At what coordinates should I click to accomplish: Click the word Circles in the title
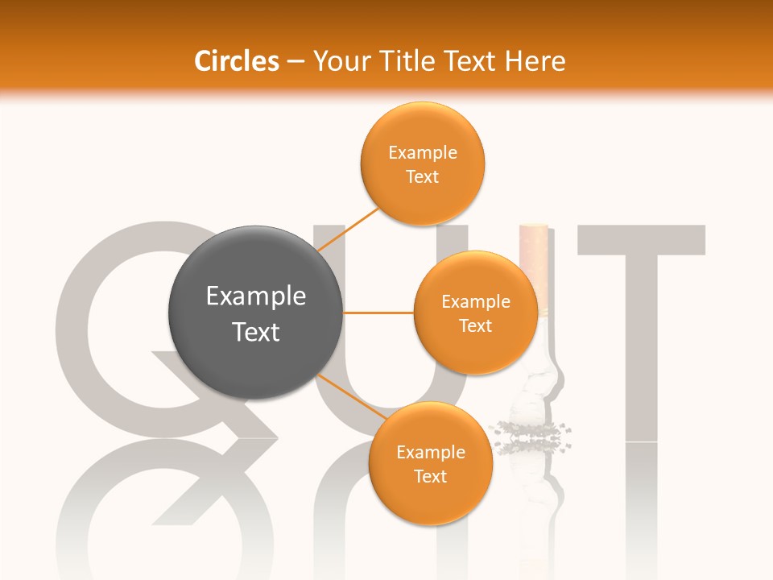click(x=236, y=61)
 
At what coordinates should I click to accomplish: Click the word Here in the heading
click(x=535, y=61)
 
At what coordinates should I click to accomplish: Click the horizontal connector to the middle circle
click(x=378, y=312)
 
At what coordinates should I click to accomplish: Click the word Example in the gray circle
click(x=256, y=296)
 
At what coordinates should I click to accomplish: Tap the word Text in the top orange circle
click(x=422, y=176)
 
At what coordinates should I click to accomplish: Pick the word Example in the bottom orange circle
click(x=431, y=452)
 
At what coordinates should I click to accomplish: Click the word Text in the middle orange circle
click(x=475, y=325)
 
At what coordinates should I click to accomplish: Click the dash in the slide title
click(x=296, y=62)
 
